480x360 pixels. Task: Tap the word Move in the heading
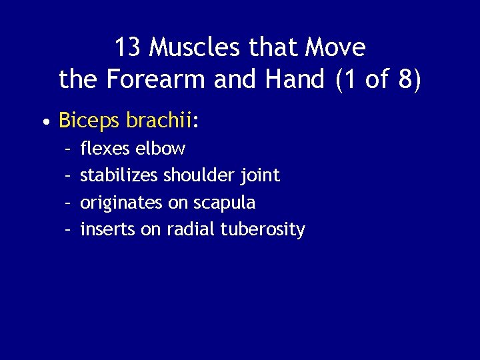(x=335, y=48)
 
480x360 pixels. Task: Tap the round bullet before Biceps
(x=44, y=123)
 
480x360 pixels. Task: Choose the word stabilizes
(x=119, y=175)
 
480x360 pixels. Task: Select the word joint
(x=260, y=175)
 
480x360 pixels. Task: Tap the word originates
(x=118, y=203)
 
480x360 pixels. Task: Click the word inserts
(x=108, y=230)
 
